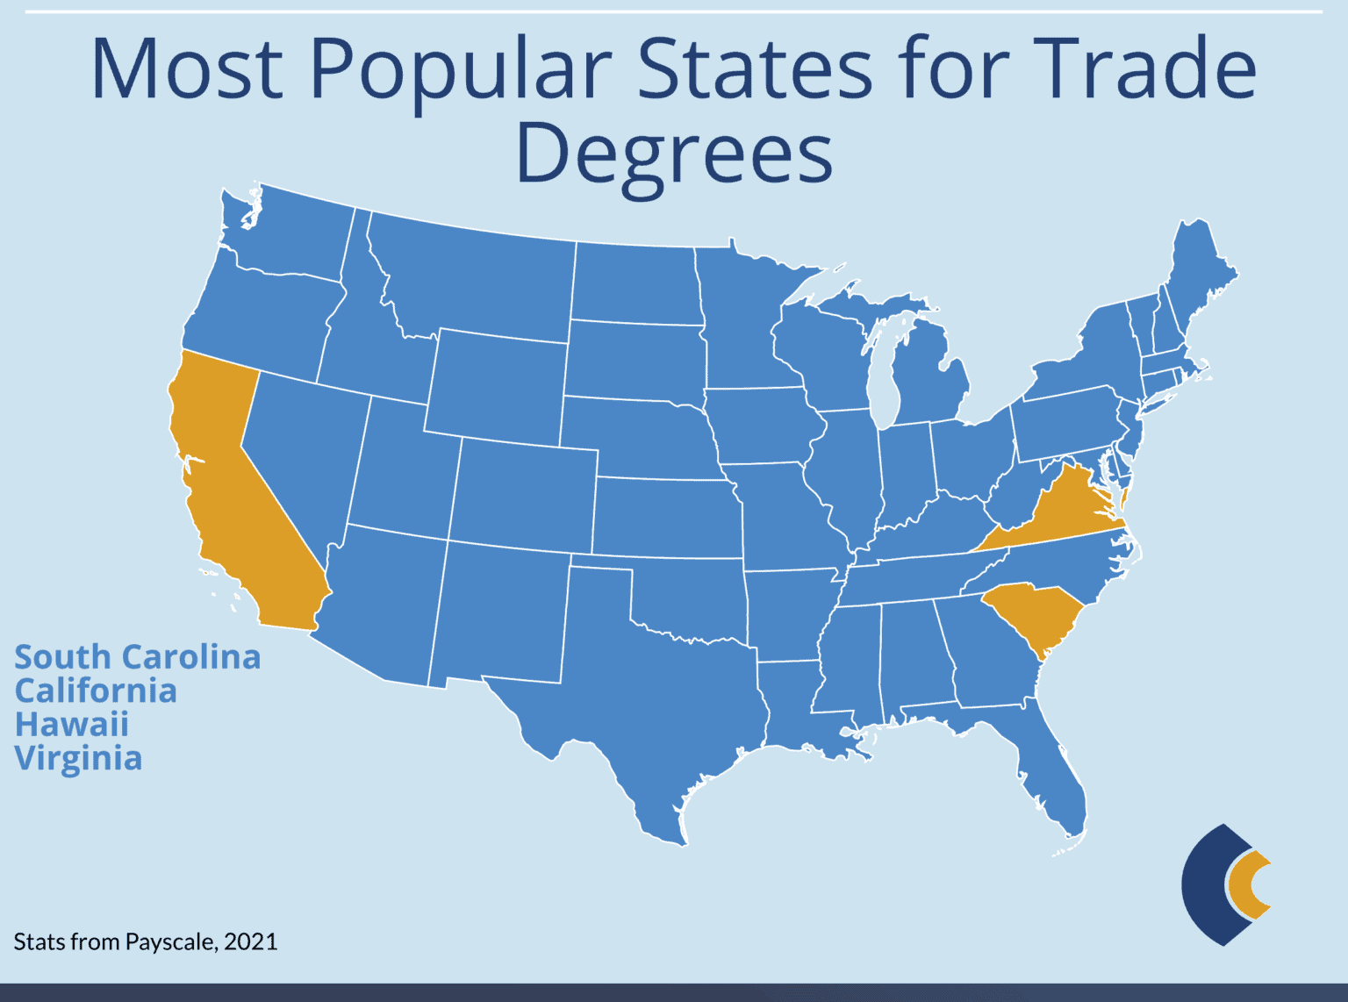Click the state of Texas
point(658,702)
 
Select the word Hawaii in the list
point(72,725)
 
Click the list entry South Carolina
point(138,657)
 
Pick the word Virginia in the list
point(78,758)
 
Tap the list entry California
point(96,691)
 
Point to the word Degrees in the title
point(674,154)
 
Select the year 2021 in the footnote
point(251,942)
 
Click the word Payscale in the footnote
point(171,942)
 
